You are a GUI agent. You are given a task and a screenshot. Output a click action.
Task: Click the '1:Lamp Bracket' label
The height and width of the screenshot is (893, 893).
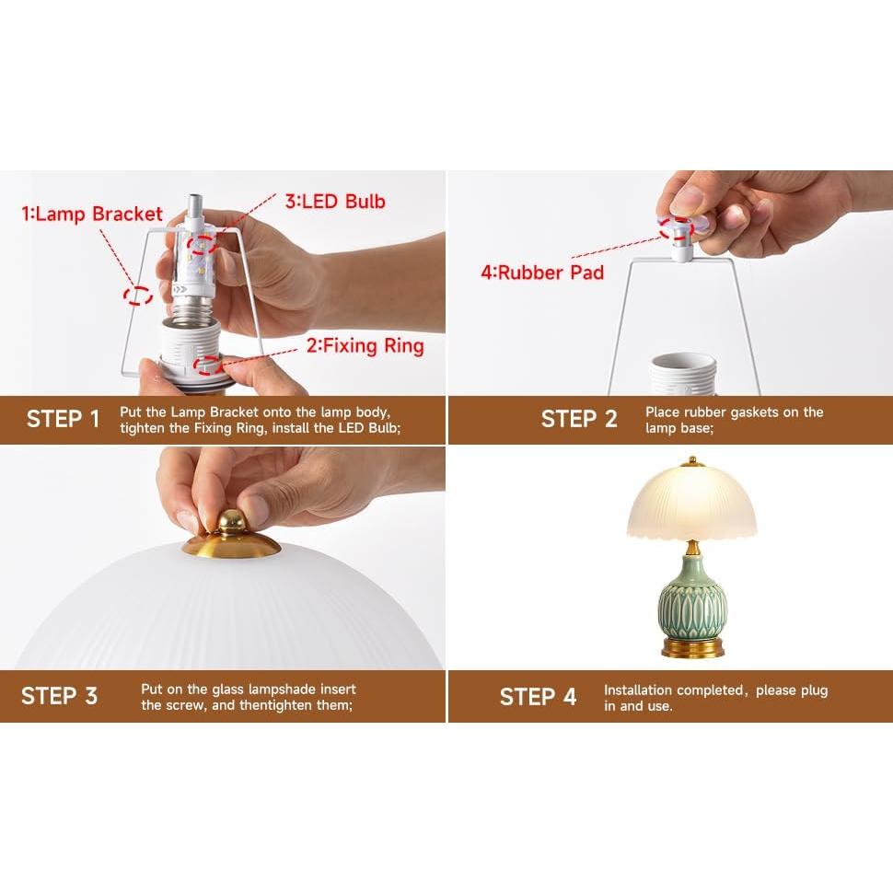click(92, 215)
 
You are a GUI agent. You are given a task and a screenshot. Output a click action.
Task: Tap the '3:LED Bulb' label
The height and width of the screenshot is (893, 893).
click(334, 202)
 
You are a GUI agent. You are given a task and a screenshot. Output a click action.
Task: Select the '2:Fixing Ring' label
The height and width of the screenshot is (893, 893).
click(365, 346)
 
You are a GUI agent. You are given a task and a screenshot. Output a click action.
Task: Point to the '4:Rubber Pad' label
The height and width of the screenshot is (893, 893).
click(542, 272)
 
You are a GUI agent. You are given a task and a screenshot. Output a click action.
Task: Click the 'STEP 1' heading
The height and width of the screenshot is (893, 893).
click(63, 420)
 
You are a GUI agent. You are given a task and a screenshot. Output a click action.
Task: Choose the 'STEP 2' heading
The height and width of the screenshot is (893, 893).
click(579, 420)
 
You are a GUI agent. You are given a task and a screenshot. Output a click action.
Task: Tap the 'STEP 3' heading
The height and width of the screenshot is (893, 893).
click(59, 695)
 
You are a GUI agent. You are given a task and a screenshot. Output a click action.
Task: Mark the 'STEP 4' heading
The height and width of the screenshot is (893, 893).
click(538, 696)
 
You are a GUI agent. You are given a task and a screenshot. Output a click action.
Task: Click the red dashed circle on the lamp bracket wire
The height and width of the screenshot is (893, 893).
click(139, 296)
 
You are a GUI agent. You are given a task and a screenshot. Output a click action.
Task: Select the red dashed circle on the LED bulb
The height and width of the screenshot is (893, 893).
click(203, 244)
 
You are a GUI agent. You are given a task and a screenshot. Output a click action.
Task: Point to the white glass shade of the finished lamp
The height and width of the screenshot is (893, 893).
click(692, 503)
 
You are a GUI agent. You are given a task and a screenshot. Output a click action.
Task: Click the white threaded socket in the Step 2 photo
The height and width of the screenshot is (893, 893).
click(682, 374)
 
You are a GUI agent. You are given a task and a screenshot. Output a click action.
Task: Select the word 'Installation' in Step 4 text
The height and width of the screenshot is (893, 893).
click(638, 690)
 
